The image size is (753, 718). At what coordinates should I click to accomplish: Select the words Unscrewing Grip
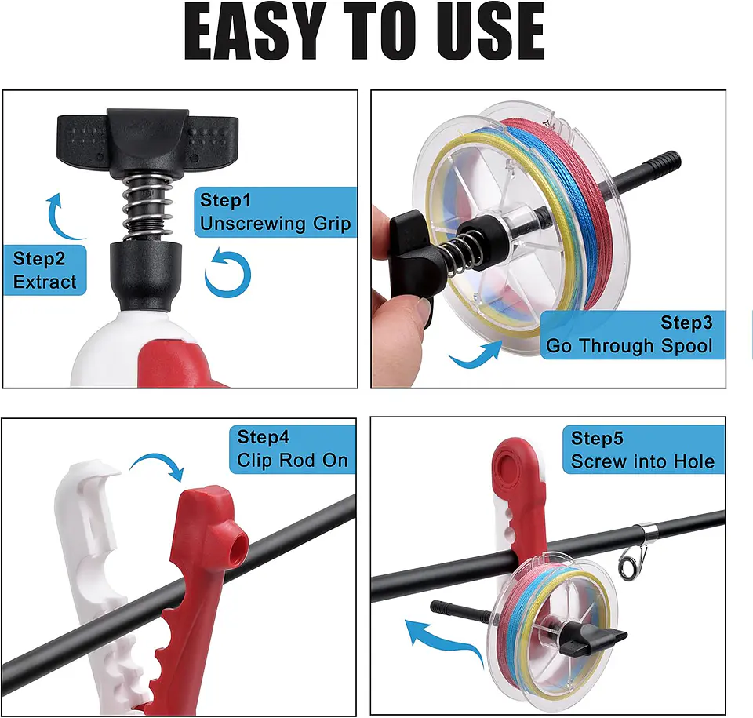click(x=275, y=224)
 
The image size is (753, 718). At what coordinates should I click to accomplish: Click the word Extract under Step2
click(x=45, y=281)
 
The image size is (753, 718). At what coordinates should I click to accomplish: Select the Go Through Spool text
click(x=629, y=345)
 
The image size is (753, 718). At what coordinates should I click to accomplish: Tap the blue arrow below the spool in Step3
click(x=475, y=357)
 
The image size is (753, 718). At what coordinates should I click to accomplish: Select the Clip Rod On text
click(x=292, y=460)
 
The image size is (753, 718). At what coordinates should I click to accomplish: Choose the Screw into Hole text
click(x=642, y=461)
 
